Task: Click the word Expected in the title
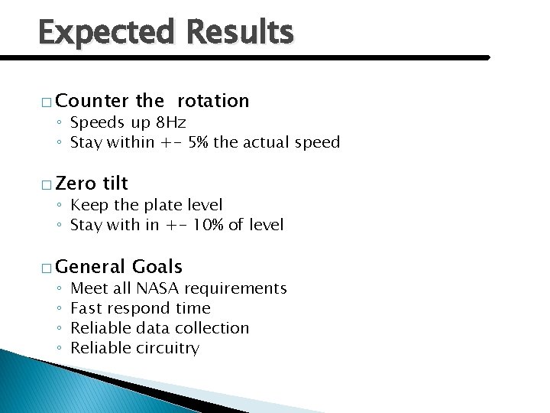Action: click(106, 34)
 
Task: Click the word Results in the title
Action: click(239, 33)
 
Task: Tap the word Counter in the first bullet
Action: click(92, 101)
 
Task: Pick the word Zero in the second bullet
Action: click(76, 184)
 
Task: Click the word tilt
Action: click(115, 184)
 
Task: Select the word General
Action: click(91, 267)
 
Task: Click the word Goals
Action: click(157, 267)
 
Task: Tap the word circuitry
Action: click(167, 348)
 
